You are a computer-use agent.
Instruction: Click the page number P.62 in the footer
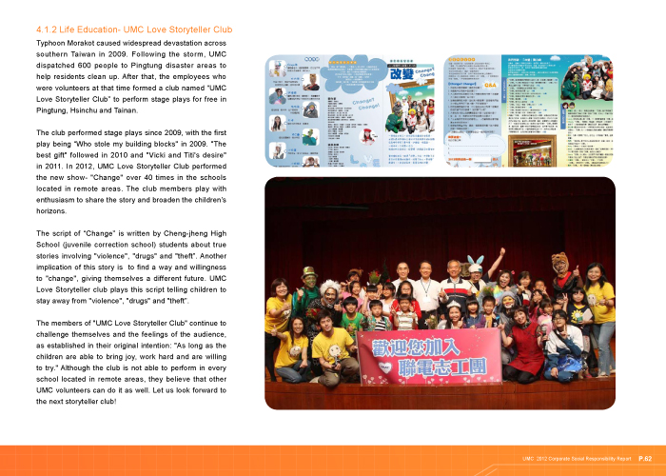click(645, 458)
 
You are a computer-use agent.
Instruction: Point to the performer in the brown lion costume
click(560, 266)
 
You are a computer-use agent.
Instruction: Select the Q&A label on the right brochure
click(490, 85)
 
